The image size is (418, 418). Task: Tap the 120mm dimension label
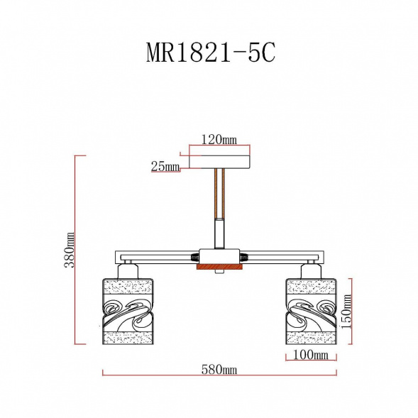click(219, 140)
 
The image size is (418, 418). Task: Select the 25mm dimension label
click(165, 167)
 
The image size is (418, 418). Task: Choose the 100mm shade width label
click(310, 354)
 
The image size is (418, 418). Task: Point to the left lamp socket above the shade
click(128, 270)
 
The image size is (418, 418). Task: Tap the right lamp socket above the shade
click(310, 270)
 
